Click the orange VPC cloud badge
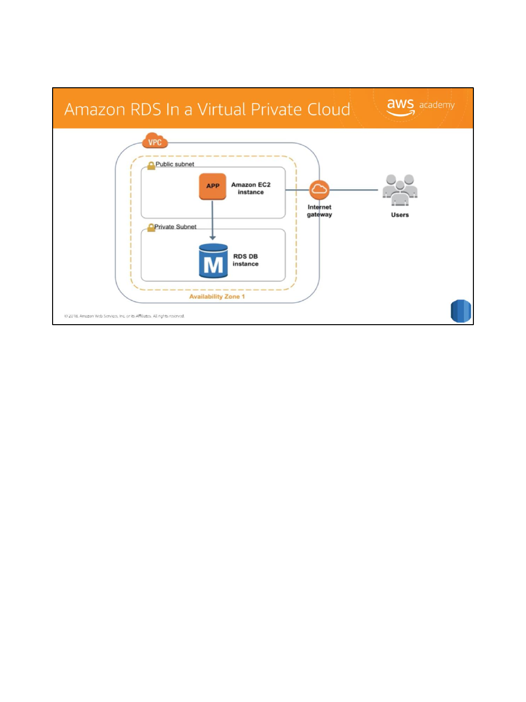pos(155,141)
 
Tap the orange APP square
pos(213,186)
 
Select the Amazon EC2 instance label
pos(251,188)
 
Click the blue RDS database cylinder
pos(213,261)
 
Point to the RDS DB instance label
pos(245,260)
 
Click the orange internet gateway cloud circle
pos(319,190)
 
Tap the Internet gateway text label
pos(319,211)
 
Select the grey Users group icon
pos(400,190)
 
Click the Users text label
pos(400,215)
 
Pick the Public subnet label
pos(175,164)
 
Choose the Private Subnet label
pos(175,227)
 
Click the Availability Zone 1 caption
pos(217,296)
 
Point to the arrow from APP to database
pos(212,219)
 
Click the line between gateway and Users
pos(354,190)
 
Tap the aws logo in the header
pos(400,106)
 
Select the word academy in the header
pos(437,105)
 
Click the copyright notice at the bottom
pos(124,316)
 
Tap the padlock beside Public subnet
pos(151,165)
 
